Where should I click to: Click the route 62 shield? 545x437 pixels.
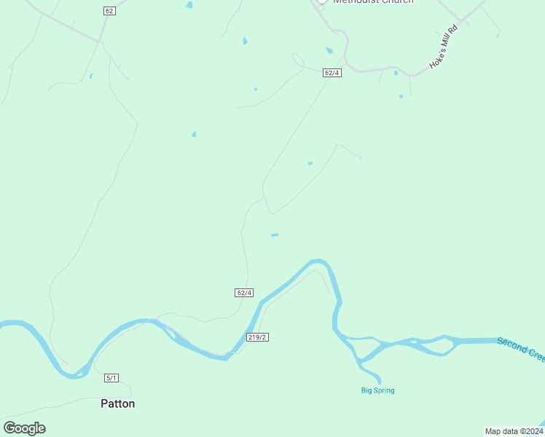[109, 10]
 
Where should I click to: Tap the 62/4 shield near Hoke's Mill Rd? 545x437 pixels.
[332, 73]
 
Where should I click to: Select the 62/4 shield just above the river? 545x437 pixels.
[244, 293]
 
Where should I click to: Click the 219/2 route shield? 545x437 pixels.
[258, 337]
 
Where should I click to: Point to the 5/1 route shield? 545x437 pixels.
[111, 377]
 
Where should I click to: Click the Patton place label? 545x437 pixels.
[117, 403]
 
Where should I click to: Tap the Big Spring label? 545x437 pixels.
[377, 390]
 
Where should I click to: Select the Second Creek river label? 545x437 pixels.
[521, 348]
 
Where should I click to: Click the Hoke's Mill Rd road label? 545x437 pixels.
[442, 48]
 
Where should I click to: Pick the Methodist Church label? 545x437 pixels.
[373, 2]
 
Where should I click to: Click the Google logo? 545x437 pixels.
[24, 428]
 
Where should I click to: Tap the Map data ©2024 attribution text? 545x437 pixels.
[514, 431]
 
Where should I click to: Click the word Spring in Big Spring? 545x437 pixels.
[383, 390]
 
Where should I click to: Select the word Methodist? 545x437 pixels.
[355, 2]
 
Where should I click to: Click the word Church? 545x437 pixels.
[396, 2]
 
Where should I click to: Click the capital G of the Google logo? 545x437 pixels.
[10, 428]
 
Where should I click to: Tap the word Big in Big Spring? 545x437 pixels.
[366, 390]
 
